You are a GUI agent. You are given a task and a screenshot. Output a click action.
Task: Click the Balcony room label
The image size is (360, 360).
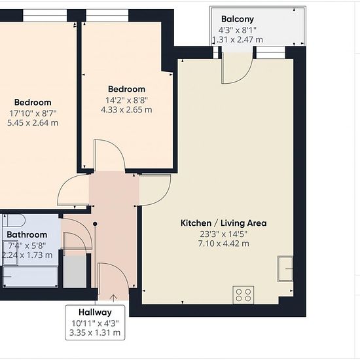[x=238, y=19]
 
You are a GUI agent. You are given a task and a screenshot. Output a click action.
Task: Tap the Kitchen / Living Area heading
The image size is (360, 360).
[x=224, y=223]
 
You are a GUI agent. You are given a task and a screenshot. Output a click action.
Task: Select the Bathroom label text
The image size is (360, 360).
[x=27, y=234]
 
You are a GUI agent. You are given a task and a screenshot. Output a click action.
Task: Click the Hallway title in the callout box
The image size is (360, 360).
[x=95, y=312]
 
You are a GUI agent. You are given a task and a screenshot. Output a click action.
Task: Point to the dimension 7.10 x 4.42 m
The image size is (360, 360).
[x=224, y=243]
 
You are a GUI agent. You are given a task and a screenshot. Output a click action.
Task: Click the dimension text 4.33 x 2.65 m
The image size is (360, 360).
[x=126, y=109]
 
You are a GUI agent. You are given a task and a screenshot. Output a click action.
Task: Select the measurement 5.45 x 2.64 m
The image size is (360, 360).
[x=33, y=123]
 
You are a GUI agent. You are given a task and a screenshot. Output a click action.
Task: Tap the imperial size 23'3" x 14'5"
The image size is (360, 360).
[x=224, y=234]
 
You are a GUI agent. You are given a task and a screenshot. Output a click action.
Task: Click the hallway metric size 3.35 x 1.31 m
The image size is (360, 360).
[x=95, y=333]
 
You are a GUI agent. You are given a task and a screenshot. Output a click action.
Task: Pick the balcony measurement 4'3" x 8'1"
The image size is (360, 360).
[x=238, y=30]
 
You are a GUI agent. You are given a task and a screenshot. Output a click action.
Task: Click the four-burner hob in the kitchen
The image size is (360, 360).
[x=243, y=295]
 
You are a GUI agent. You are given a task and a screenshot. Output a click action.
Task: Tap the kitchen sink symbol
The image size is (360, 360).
[x=285, y=268]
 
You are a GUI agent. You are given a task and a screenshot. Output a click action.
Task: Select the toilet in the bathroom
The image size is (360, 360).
[x=13, y=221]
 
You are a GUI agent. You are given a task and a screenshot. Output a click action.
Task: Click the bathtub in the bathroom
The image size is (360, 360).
[x=31, y=276]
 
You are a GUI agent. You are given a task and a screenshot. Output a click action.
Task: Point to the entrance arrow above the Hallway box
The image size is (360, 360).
[x=113, y=298]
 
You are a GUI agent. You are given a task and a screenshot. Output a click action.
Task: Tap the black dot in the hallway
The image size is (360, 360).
[x=95, y=224]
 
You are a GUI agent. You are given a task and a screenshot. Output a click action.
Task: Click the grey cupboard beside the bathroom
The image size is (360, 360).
[x=75, y=272]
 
